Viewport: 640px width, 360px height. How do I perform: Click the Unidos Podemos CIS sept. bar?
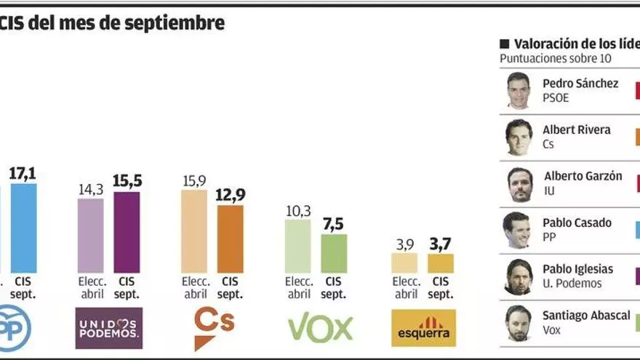click(127, 232)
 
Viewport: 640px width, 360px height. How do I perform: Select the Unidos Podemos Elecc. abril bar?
click(91, 236)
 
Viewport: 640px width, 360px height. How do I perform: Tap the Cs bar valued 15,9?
click(194, 231)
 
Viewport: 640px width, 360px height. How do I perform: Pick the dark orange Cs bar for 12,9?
click(230, 239)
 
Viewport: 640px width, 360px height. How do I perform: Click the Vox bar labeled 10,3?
click(297, 246)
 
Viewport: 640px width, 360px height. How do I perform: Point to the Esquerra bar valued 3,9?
click(404, 263)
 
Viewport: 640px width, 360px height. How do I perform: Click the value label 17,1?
click(23, 174)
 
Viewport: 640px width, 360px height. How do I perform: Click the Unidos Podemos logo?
click(109, 328)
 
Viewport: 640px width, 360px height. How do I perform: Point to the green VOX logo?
click(320, 329)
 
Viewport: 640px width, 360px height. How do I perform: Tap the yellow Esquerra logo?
click(423, 328)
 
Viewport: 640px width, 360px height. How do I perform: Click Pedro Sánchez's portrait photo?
click(519, 90)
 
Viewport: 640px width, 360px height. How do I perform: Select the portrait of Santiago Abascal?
click(519, 323)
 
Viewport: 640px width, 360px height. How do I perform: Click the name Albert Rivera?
click(576, 129)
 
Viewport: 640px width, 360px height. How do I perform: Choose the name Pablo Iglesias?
click(577, 269)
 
